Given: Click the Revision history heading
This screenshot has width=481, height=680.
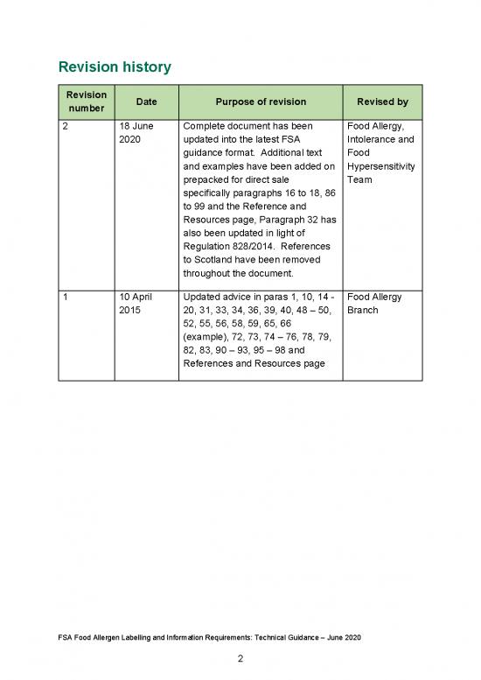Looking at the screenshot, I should pos(114,67).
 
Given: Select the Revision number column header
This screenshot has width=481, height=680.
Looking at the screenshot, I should pos(86,102).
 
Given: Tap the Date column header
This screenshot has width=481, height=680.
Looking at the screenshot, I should pos(147,102).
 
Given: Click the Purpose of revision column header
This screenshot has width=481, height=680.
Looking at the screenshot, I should pos(259,102).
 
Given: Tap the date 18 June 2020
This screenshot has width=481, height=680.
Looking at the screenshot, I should pos(136,133).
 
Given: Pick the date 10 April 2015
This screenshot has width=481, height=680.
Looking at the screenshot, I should pos(137,304).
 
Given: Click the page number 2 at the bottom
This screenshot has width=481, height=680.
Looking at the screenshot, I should pos(240,659).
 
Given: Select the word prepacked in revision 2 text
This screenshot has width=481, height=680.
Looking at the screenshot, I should pos(207,179).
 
